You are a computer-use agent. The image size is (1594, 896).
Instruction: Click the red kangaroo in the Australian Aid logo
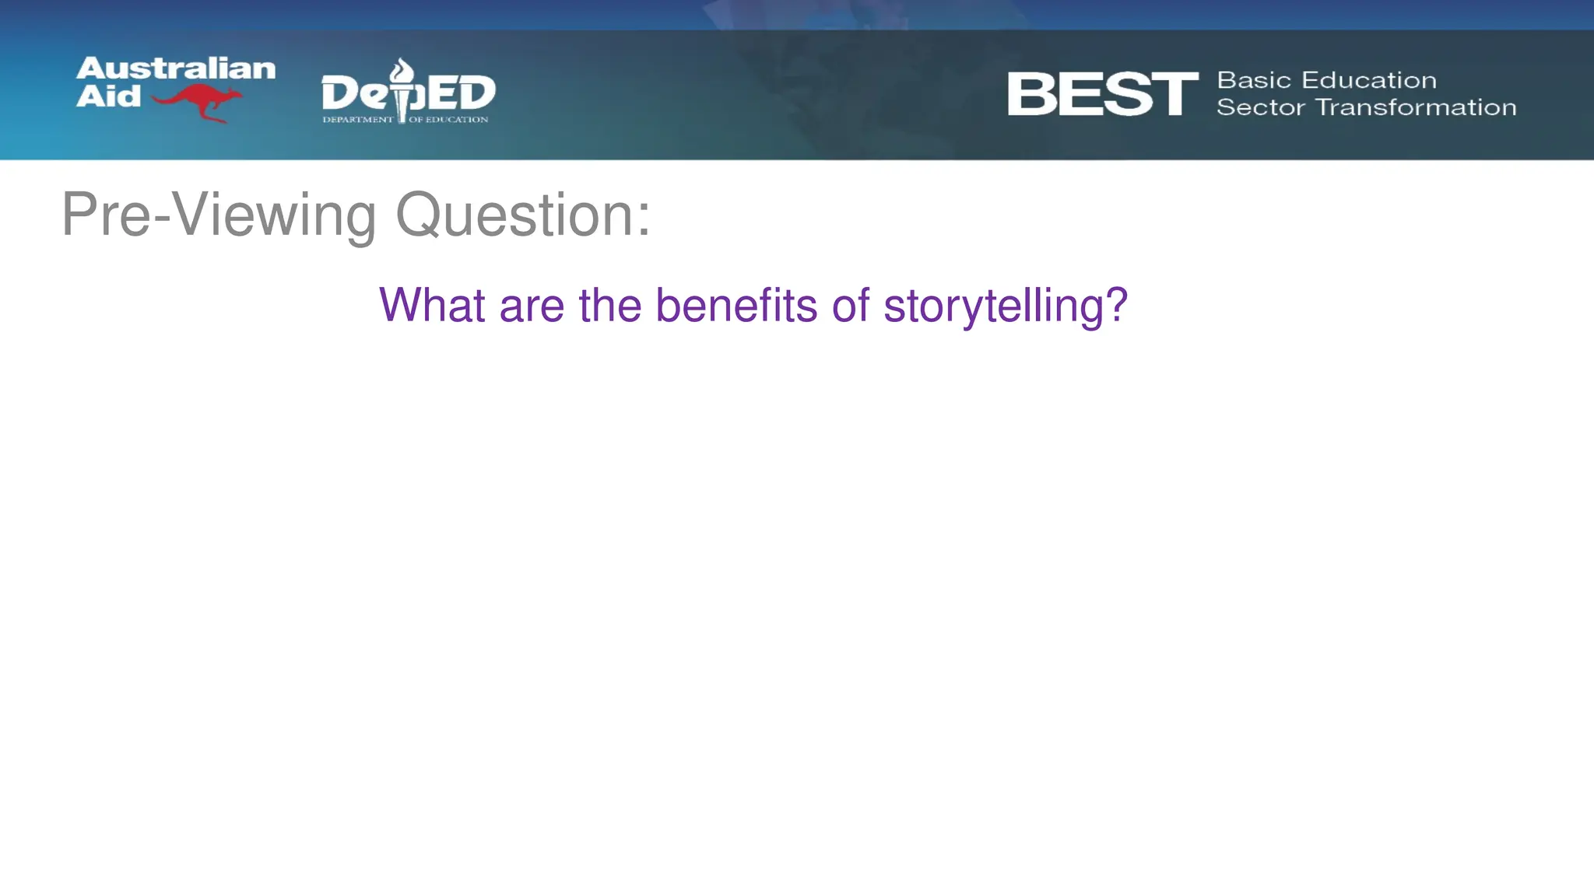pos(198,102)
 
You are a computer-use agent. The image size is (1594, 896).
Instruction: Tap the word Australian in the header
pos(176,68)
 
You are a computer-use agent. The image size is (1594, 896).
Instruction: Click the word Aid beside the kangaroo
pos(108,96)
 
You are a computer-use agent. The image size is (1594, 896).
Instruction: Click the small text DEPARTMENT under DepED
pos(358,120)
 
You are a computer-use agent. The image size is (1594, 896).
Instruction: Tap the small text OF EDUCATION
pos(449,120)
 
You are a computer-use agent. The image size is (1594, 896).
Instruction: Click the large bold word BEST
pos(1102,94)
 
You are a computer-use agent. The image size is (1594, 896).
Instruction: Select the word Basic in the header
pos(1254,80)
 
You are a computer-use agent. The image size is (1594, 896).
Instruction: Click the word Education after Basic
pos(1369,80)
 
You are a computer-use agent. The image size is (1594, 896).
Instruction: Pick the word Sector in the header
pos(1260,107)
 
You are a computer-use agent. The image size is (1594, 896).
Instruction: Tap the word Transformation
pos(1416,107)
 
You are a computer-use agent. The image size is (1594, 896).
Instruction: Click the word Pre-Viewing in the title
pos(219,215)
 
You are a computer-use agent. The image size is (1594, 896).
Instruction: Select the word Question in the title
pos(514,215)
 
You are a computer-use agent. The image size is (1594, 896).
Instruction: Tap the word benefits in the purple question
pos(736,305)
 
